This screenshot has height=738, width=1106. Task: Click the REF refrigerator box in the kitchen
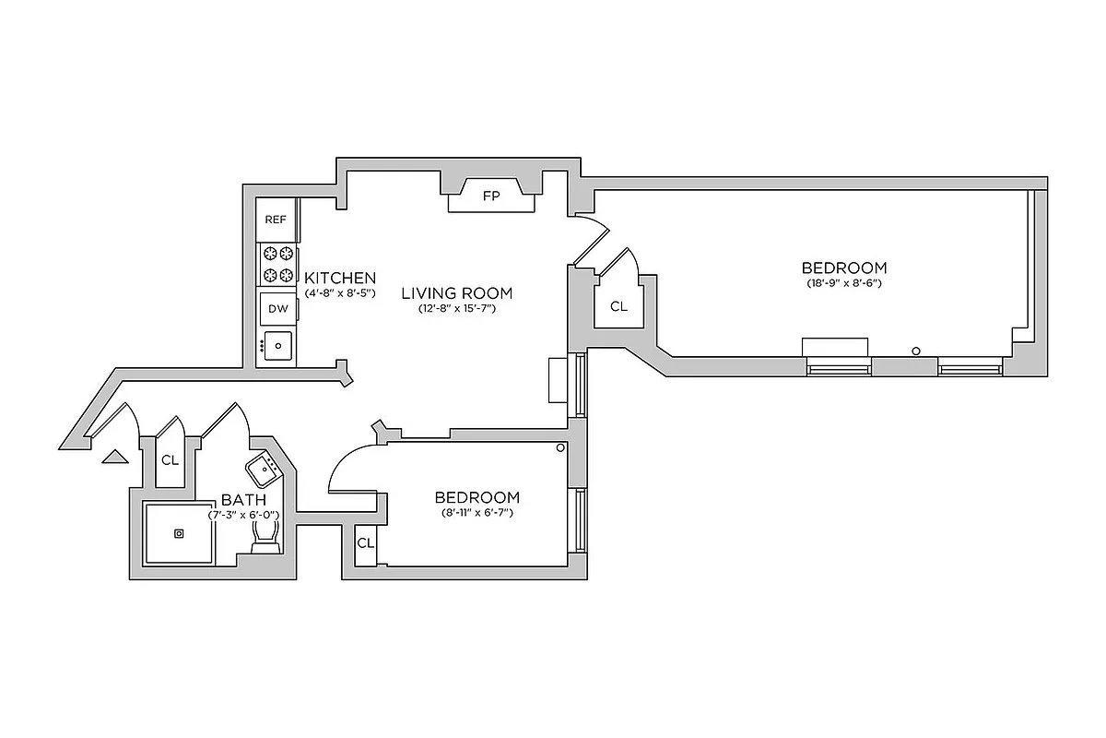pos(276,220)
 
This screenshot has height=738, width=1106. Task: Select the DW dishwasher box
pos(277,309)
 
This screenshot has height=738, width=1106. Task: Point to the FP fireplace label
pos(490,196)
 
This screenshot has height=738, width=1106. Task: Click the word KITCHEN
pos(340,278)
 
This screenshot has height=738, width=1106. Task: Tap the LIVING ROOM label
pos(456,293)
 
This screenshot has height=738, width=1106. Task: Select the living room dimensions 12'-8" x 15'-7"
pos(456,309)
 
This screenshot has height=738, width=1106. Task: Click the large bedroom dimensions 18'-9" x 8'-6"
pos(844,283)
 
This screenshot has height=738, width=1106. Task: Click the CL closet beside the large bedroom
pos(618,306)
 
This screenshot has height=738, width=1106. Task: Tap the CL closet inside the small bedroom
pos(365,542)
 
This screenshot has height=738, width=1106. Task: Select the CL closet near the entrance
pos(170,459)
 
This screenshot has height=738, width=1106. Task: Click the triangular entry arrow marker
pos(113,455)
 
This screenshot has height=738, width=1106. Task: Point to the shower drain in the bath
pos(179,532)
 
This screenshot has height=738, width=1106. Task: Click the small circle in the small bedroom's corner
pos(560,447)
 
